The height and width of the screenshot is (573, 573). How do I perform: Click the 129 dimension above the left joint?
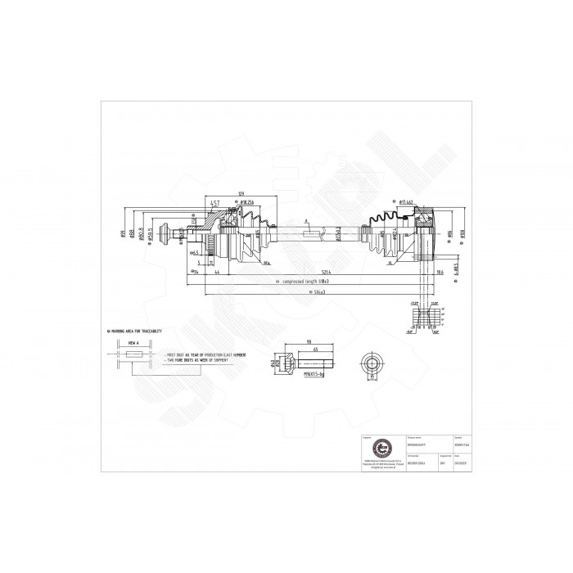pyautogui.click(x=241, y=194)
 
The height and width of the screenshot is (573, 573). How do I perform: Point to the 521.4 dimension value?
pyautogui.click(x=304, y=271)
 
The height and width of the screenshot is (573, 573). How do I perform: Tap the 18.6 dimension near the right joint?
pyautogui.click(x=440, y=271)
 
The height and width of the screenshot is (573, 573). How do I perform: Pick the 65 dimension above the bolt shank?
pyautogui.click(x=316, y=349)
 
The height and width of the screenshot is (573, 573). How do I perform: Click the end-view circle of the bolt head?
pyautogui.click(x=372, y=363)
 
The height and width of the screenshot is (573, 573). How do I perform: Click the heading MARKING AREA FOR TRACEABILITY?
pyautogui.click(x=135, y=330)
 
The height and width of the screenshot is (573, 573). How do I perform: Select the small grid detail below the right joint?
pyautogui.click(x=422, y=319)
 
